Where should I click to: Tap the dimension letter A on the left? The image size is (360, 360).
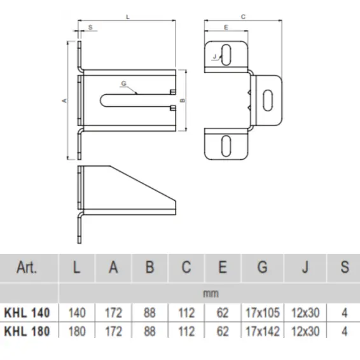coord(63,100)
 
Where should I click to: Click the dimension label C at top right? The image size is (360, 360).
coord(244,18)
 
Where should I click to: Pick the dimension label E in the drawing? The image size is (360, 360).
coord(226,27)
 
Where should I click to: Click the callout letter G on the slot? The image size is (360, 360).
coord(122,83)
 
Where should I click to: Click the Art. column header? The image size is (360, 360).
coord(28,268)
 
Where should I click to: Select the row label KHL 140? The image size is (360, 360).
coord(27,313)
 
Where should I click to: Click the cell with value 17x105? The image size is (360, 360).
coord(262,313)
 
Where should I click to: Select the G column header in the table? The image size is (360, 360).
coord(262,268)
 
